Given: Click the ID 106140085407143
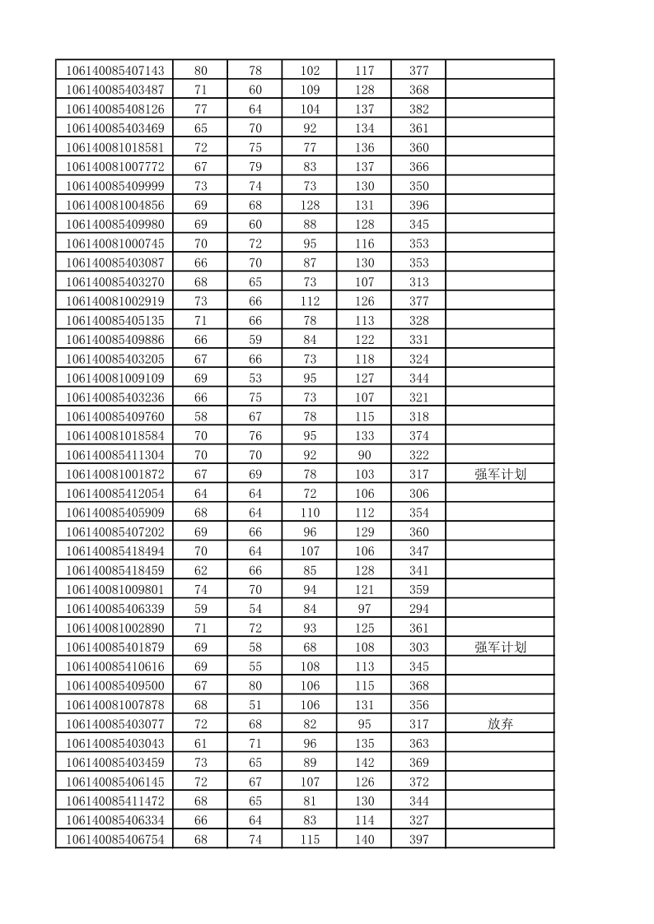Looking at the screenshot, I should [114, 71].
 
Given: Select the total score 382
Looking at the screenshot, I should [418, 109].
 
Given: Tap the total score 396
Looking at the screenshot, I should [418, 206].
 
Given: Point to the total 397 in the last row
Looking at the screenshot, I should [418, 839].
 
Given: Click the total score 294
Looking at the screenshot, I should [418, 609].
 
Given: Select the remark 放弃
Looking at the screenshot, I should [500, 724].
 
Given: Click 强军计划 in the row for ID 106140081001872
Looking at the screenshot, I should [500, 474].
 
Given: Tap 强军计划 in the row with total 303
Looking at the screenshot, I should [500, 648].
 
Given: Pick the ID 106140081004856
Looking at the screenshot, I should [114, 206].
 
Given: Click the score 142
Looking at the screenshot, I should [364, 763].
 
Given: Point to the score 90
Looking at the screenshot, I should [364, 455].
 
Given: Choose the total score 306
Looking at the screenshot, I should [418, 494].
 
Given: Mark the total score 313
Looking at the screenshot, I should [418, 282].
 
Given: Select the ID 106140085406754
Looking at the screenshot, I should [114, 839].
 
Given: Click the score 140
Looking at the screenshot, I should [364, 839].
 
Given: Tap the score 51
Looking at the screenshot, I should [255, 705].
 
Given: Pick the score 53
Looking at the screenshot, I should [255, 378].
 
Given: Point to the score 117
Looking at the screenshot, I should [364, 71].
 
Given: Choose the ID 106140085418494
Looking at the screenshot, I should [114, 551].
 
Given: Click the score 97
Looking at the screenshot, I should [364, 609].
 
